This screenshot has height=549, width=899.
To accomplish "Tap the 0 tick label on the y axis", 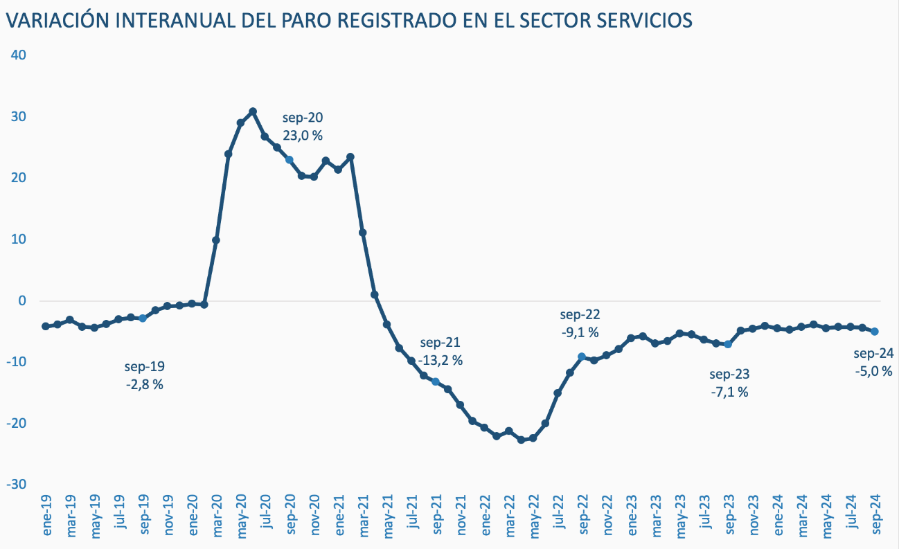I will (22, 300).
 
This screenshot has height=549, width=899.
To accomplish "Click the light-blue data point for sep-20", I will (290, 160).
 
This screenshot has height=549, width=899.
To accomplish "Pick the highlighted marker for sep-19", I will (143, 318).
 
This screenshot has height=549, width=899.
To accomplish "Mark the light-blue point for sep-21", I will (436, 381).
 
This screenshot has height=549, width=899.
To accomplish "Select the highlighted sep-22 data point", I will (582, 357).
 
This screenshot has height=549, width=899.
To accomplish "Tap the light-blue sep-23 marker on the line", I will (728, 344).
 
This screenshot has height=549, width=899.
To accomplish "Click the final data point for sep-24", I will (875, 332).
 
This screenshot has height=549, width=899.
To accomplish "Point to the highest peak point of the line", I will (253, 111).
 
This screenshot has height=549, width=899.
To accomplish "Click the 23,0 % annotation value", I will (303, 136).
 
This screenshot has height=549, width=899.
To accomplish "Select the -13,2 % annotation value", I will (440, 361).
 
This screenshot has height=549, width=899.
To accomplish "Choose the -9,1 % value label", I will (580, 332).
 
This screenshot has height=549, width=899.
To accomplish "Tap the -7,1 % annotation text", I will (729, 392).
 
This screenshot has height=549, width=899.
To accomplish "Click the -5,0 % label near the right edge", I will (873, 372).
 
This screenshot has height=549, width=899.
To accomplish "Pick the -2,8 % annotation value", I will (144, 385).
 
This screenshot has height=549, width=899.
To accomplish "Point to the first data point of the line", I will (46, 326).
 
